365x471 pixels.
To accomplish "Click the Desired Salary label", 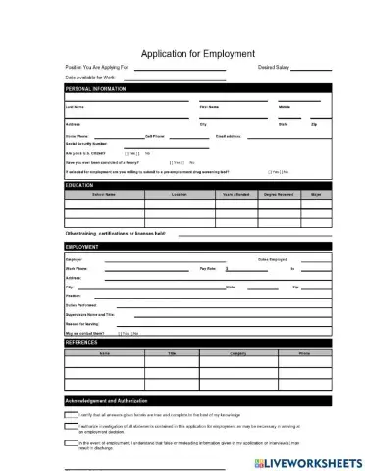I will pos(274,68).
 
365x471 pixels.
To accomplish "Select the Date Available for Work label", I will pos(89,77).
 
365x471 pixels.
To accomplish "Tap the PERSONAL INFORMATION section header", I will pos(96,88).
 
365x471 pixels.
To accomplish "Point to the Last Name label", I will pos(75,106).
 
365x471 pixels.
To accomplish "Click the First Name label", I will pos(209,106).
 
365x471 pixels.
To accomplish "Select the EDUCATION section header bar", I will pos(79,184).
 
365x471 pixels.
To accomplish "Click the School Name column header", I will pos(104,194).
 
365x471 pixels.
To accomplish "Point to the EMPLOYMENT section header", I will pos(82,247).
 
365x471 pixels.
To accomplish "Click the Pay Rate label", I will pos(208,267).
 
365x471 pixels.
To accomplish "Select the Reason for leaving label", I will pos(84,323).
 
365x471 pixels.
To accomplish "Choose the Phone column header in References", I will pos(304,351).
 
